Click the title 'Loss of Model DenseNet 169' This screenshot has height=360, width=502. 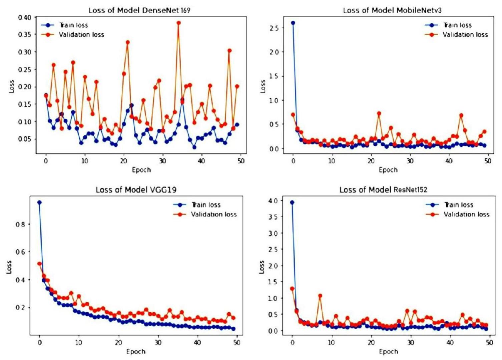pos(139,10)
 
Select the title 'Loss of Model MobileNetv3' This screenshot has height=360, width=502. pos(392,10)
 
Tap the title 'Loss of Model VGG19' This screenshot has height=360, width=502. pos(136,190)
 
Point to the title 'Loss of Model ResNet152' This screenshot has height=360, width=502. pos(383,190)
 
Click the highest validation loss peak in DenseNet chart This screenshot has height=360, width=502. pos(178,23)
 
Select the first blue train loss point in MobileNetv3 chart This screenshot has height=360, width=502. pos(293,23)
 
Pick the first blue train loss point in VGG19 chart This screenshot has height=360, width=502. pos(39,203)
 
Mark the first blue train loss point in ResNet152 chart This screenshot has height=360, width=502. pos(292,203)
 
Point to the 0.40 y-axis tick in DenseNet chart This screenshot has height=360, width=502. pos(24,17)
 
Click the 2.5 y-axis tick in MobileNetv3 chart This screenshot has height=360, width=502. pos(274,28)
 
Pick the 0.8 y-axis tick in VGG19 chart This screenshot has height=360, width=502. pos(20,224)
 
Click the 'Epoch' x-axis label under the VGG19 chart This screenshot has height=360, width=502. pos(136,351)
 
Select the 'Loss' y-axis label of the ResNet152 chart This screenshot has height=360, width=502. pos(262,267)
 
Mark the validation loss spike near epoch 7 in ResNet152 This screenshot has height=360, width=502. pos(320,296)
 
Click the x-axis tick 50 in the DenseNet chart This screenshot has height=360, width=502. pos(240,161)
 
